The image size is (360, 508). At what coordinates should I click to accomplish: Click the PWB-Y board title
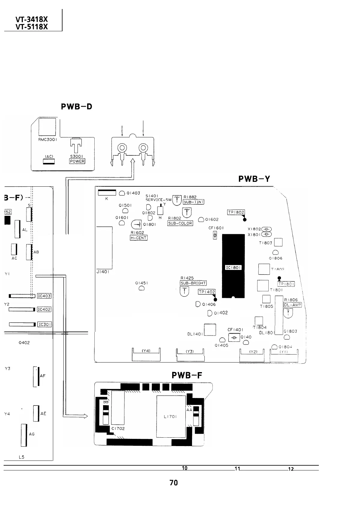pos(254,179)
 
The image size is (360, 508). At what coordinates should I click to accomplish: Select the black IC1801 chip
pos(233,266)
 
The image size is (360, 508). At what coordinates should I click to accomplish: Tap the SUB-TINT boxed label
pos(194,202)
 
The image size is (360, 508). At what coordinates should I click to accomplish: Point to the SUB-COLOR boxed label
pos(180,223)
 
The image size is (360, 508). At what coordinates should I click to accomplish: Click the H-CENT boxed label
pos(139,238)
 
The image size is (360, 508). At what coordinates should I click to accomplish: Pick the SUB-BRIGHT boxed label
pos(193,283)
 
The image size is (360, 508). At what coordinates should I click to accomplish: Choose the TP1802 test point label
pos(236,212)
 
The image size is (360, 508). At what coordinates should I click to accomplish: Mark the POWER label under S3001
pos(77,161)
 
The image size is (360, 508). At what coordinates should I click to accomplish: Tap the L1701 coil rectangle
pos(171,417)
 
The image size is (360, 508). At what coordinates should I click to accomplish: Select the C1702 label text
pos(118,428)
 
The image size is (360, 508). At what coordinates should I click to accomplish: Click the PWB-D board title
pos(76,106)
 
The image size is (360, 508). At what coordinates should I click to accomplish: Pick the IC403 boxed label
pos(44,296)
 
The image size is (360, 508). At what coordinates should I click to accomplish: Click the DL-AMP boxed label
pos(292,305)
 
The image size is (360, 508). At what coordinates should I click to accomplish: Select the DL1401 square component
pos(210,329)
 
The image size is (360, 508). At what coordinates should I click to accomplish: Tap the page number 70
pos(174,483)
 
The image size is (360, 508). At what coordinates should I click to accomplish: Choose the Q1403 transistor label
pos(133,193)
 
